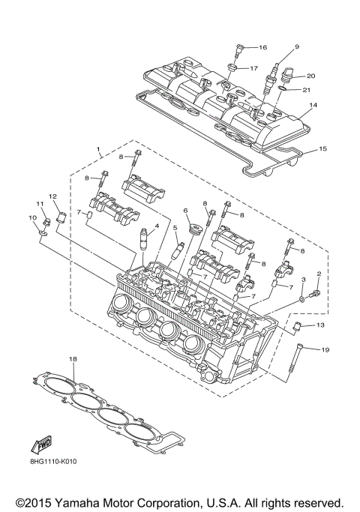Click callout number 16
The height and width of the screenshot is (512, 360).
point(262,47)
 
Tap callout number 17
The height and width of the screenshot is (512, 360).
point(253,68)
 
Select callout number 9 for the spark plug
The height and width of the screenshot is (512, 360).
point(297,46)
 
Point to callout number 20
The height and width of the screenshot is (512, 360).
point(310,76)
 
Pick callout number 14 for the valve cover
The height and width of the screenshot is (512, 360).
point(313,106)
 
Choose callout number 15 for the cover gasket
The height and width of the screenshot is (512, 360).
point(323,149)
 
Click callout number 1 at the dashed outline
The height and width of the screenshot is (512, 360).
point(97,150)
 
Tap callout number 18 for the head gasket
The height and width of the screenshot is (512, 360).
point(73,359)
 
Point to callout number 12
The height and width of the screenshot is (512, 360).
point(53,196)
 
